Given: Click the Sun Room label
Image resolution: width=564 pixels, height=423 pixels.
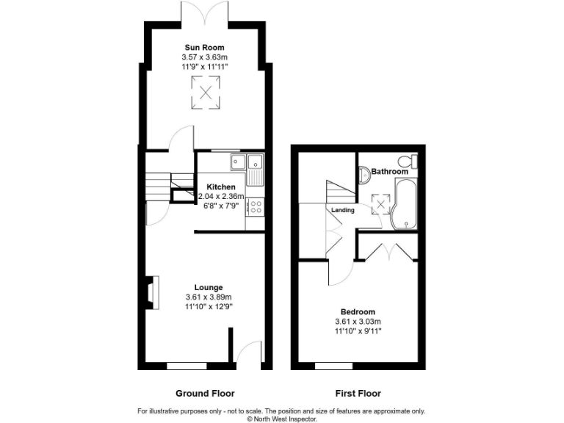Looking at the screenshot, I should pyautogui.click(x=205, y=48).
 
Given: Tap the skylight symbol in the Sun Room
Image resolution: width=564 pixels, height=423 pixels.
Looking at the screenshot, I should pyautogui.click(x=206, y=93).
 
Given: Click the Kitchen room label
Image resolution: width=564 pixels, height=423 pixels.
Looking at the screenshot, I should pyautogui.click(x=220, y=187).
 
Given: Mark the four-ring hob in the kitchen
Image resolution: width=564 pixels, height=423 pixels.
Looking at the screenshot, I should pyautogui.click(x=256, y=207).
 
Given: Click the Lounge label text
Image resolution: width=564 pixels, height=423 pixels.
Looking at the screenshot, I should pyautogui.click(x=209, y=287).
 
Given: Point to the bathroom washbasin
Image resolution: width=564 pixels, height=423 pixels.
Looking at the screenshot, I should pyautogui.click(x=364, y=174).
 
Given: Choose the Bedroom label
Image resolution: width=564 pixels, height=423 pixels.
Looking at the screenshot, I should pyautogui.click(x=358, y=311).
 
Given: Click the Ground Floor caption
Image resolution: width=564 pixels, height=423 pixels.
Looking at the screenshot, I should pyautogui.click(x=205, y=393).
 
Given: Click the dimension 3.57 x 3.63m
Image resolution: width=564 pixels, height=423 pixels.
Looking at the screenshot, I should pyautogui.click(x=205, y=57).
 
